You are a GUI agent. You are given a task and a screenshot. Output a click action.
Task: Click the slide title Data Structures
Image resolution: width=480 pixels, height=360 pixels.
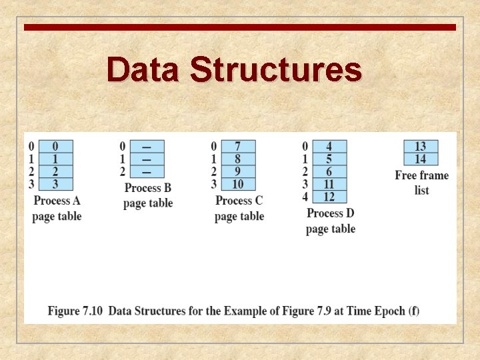234,69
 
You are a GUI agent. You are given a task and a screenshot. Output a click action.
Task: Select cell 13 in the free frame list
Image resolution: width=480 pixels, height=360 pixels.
420,146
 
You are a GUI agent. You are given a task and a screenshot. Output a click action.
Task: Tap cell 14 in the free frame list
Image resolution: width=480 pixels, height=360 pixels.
420,159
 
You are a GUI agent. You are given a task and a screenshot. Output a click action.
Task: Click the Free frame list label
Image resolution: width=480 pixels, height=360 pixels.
421,183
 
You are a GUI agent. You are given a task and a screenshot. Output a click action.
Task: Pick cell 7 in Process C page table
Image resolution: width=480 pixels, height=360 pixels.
237,146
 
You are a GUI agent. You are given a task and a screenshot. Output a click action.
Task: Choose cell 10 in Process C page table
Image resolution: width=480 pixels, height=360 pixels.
237,184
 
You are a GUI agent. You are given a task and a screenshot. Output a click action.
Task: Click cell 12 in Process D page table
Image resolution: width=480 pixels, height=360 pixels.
329,197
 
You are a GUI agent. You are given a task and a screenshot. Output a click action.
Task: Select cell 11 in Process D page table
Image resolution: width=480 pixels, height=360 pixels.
329,184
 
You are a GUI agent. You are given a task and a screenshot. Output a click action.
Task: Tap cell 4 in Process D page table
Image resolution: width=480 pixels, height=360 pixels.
329,146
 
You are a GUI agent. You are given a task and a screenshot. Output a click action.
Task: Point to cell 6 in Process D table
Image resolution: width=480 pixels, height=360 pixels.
329,171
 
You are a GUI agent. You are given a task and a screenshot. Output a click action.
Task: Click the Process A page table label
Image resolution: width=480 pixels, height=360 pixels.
57,208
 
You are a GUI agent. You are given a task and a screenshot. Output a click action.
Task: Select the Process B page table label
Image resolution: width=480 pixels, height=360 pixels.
148,195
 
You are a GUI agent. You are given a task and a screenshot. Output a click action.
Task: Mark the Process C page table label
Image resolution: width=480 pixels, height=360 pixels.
239,208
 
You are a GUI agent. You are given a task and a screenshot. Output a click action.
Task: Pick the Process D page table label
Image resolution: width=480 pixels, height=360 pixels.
331,221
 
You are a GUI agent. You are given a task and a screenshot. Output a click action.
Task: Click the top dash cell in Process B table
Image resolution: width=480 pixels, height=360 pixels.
147,146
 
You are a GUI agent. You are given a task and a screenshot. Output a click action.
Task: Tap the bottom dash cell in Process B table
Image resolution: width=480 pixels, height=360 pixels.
147,171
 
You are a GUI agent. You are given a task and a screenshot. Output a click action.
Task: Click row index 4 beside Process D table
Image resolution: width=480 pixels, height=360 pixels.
305,197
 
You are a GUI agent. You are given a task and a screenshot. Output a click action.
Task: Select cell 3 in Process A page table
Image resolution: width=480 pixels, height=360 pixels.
55,184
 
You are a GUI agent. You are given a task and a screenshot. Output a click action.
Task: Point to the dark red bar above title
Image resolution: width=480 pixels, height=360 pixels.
240,27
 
